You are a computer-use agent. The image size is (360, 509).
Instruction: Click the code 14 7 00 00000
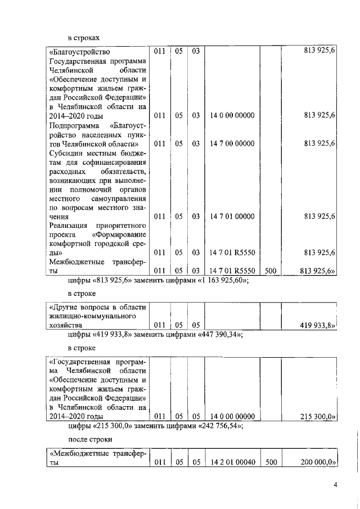232,143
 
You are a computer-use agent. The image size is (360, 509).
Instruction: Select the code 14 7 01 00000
232,216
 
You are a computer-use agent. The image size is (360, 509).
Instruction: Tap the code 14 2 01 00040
232,463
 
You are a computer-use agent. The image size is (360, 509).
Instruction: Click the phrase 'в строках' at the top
84,37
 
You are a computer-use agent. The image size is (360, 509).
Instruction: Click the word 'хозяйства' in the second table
65,326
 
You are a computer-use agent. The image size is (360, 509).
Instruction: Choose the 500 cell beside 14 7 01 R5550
270,271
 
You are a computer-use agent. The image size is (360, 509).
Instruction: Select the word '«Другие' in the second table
63,307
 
